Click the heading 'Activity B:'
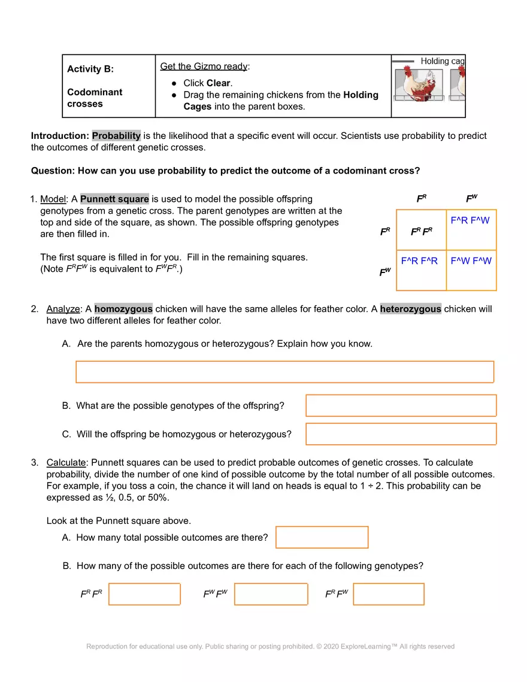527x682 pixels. (90, 69)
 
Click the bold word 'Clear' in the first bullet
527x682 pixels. (219, 83)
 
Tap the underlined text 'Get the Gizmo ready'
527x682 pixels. (204, 66)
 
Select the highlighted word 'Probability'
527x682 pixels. (116, 136)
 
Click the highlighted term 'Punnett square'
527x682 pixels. (114, 199)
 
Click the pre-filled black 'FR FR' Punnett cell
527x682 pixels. (421, 231)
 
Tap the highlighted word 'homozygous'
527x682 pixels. (123, 309)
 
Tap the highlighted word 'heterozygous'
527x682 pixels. (410, 309)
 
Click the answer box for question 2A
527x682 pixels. (284, 372)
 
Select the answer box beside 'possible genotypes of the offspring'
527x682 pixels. (401, 405)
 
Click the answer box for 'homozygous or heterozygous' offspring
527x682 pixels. (401, 434)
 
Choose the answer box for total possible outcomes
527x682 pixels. (322, 537)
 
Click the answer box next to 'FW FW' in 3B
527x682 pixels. (271, 594)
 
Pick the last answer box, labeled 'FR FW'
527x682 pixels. (389, 594)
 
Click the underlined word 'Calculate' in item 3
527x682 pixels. (66, 463)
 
